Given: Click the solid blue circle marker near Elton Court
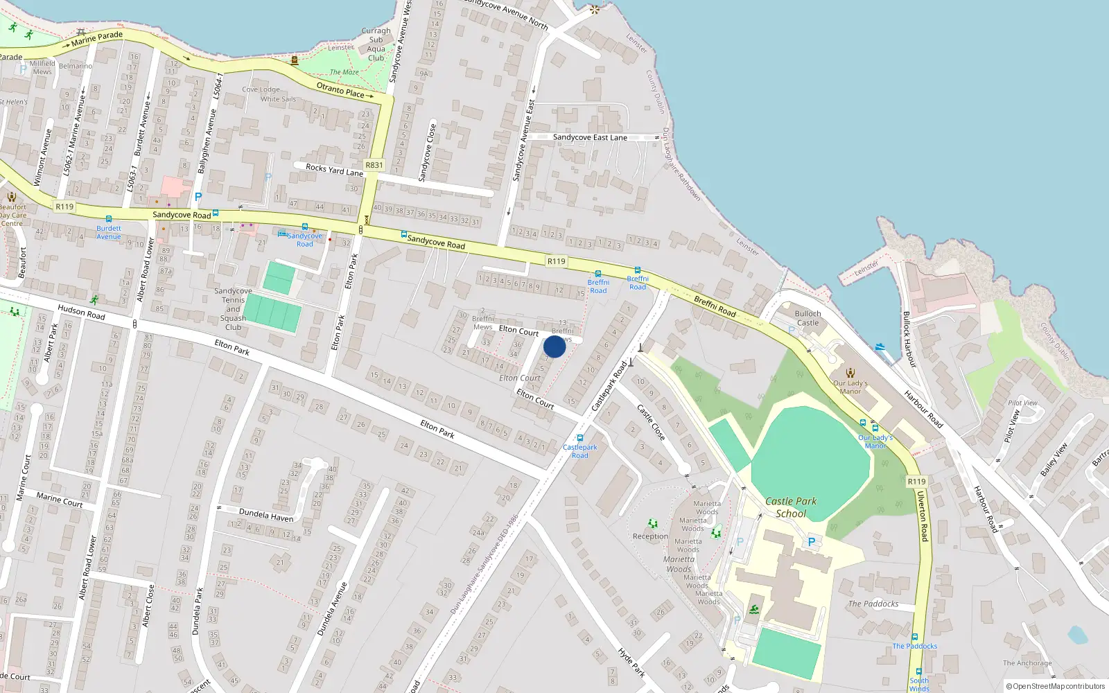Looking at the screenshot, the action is coord(554,346).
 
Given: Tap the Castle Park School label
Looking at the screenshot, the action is coord(791,507).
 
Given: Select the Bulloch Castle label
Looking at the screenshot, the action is coord(807,318).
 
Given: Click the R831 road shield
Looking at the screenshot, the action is coord(374,165).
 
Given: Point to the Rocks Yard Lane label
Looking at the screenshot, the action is coord(334,170).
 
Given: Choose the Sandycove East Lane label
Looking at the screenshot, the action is coord(590,138).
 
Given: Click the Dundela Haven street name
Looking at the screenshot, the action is coord(265,515).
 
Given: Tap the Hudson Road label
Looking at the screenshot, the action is coord(81,312).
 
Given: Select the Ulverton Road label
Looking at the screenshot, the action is coord(923,516).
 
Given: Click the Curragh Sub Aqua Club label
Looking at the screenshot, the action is coord(376,44).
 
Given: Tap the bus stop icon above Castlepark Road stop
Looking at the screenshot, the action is coord(580,438).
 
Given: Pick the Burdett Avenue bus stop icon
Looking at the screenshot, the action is coord(109,219).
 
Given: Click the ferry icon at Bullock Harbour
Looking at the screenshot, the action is coord(880,346).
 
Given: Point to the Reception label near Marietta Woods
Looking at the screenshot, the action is coord(650,536).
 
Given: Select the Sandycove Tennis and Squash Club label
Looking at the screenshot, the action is coord(233,309).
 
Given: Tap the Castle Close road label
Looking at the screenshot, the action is coord(651,423).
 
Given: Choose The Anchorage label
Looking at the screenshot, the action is coord(1027,663).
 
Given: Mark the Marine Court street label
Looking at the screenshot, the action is coord(59,500).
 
